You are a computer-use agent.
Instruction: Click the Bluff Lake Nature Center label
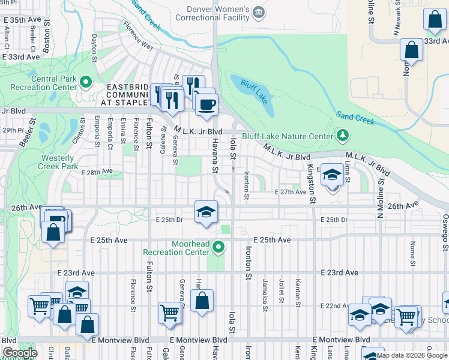pos(287,136)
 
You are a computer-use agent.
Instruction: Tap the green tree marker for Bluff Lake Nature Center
pos(343,135)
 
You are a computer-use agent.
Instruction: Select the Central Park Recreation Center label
pos(41,83)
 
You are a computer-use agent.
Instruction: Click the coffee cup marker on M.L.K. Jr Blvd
pos(206,104)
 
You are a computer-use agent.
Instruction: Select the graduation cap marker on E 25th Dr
pos(205,212)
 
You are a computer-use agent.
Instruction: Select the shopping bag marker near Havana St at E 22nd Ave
pos(203,301)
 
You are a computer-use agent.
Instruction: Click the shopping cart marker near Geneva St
pos(170,313)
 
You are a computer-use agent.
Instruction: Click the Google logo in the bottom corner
pos(20,353)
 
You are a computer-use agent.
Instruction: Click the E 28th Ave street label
pos(97,172)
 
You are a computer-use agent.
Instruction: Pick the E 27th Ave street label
pos(291,192)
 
